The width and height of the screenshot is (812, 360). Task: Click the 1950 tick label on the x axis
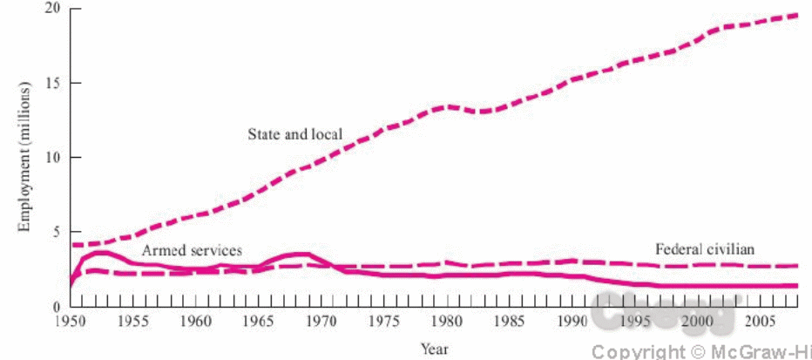pyautogui.click(x=71, y=321)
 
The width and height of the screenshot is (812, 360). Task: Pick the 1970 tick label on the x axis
pyautogui.click(x=320, y=321)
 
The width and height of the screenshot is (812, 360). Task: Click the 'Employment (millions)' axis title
pyautogui.click(x=25, y=157)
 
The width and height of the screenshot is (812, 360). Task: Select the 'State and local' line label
pyautogui.click(x=294, y=134)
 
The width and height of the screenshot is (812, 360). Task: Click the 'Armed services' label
pyautogui.click(x=192, y=250)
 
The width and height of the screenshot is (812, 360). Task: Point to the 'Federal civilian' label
pyautogui.click(x=704, y=250)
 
